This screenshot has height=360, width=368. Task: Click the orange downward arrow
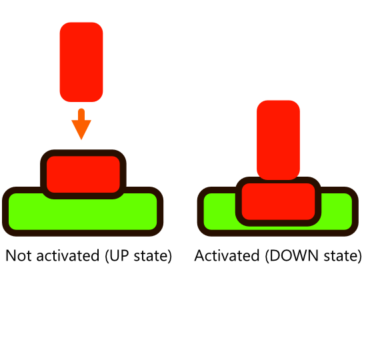click(x=81, y=124)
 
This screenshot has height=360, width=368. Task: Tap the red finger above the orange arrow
click(x=81, y=62)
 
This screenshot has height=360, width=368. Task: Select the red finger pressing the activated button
click(x=279, y=140)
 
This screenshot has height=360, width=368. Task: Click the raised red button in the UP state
click(x=83, y=174)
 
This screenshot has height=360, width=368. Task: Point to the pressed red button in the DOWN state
click(x=279, y=201)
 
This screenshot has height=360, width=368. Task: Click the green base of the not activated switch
click(x=83, y=214)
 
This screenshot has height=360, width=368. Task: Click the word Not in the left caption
click(x=19, y=255)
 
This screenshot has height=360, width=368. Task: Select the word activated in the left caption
click(x=68, y=255)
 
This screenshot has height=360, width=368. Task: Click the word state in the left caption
click(x=151, y=255)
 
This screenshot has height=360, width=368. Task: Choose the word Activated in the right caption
click(x=227, y=255)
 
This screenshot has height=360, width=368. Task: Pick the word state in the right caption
click(x=341, y=255)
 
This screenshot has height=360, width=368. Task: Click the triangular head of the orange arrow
click(x=81, y=130)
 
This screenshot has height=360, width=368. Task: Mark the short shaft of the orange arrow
click(x=81, y=115)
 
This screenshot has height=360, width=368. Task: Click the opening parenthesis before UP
click(x=107, y=256)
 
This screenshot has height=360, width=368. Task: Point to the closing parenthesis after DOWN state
click(x=359, y=256)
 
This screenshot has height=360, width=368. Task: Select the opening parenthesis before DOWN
click(x=267, y=256)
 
